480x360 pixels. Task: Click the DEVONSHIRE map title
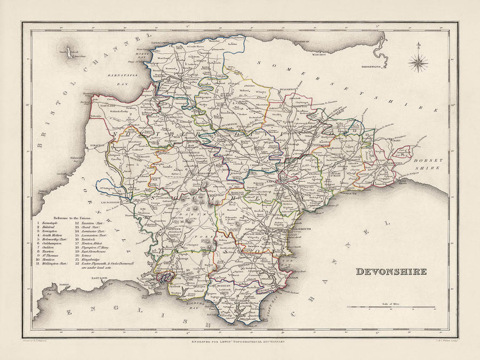click(391, 271)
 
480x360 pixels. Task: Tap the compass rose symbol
click(418, 63)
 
